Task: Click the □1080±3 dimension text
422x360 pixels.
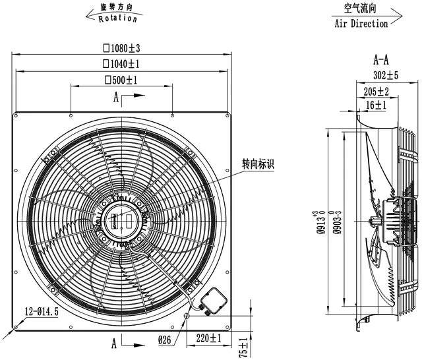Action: [x=121, y=48]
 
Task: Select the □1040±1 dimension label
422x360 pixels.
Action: [x=121, y=64]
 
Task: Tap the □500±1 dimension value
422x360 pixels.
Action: [x=121, y=80]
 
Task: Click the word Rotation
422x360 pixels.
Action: [x=117, y=18]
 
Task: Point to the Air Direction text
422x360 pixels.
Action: [x=361, y=24]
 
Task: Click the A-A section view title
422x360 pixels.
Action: [x=381, y=60]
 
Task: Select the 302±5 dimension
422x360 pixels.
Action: [x=385, y=75]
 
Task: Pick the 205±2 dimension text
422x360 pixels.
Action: [x=377, y=92]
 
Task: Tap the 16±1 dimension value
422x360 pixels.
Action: [x=376, y=105]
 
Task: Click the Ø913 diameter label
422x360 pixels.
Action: [x=321, y=222]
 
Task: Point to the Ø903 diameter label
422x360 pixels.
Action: [x=338, y=222]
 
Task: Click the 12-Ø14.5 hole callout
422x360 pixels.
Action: [x=42, y=312]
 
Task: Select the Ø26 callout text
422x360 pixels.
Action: [x=164, y=340]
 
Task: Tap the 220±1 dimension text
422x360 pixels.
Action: [x=208, y=338]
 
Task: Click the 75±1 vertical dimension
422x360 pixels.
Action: [x=243, y=347]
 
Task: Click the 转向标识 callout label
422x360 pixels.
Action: [x=258, y=164]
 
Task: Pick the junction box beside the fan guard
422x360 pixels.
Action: [x=214, y=301]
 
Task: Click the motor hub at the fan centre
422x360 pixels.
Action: [x=122, y=222]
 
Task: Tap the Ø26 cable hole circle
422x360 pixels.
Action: [x=187, y=316]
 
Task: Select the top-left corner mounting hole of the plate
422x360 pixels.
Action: [x=16, y=115]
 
